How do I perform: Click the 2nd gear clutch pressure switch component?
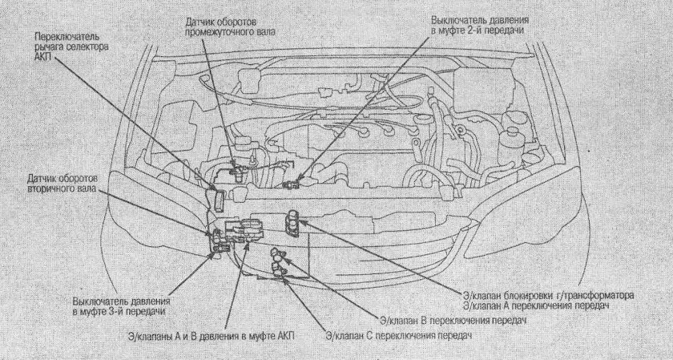(x=290, y=185)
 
